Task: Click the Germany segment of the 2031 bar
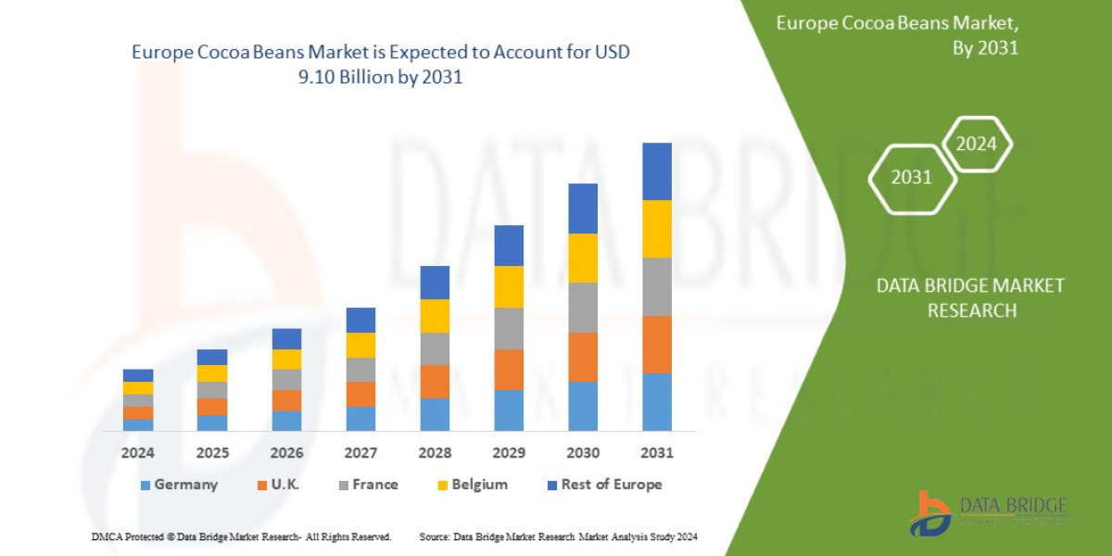point(656,402)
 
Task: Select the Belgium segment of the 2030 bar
point(582,258)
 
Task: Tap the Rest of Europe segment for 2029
point(509,246)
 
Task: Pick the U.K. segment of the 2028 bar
point(435,382)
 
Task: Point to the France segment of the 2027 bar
point(360,370)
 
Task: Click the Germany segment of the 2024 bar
point(138,425)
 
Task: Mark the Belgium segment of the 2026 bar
point(286,360)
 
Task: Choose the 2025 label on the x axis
point(212,453)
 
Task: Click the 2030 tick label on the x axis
point(582,453)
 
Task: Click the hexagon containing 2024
point(976,144)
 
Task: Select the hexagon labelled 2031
point(911,177)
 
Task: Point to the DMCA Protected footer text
point(241,537)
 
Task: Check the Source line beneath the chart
point(558,537)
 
